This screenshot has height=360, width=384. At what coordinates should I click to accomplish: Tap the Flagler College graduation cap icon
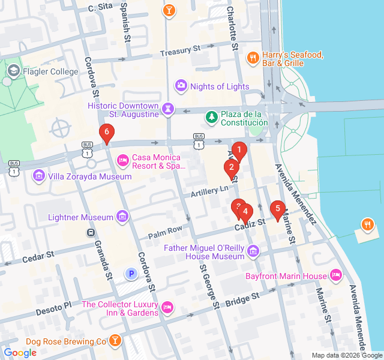pyautogui.click(x=13, y=71)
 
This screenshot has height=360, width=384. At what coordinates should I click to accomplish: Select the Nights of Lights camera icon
pyautogui.click(x=181, y=86)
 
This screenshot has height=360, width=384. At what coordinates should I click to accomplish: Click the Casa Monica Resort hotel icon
pyautogui.click(x=122, y=160)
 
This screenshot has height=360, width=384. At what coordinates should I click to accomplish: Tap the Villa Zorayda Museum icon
pyautogui.click(x=39, y=176)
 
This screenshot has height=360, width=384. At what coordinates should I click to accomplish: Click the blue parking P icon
pyautogui.click(x=131, y=274)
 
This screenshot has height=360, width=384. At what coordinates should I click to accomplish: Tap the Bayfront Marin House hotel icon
pyautogui.click(x=336, y=275)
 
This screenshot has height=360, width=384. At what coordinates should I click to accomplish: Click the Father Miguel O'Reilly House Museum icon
pyautogui.click(x=253, y=250)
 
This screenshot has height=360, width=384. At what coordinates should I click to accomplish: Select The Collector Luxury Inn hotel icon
pyautogui.click(x=169, y=307)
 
